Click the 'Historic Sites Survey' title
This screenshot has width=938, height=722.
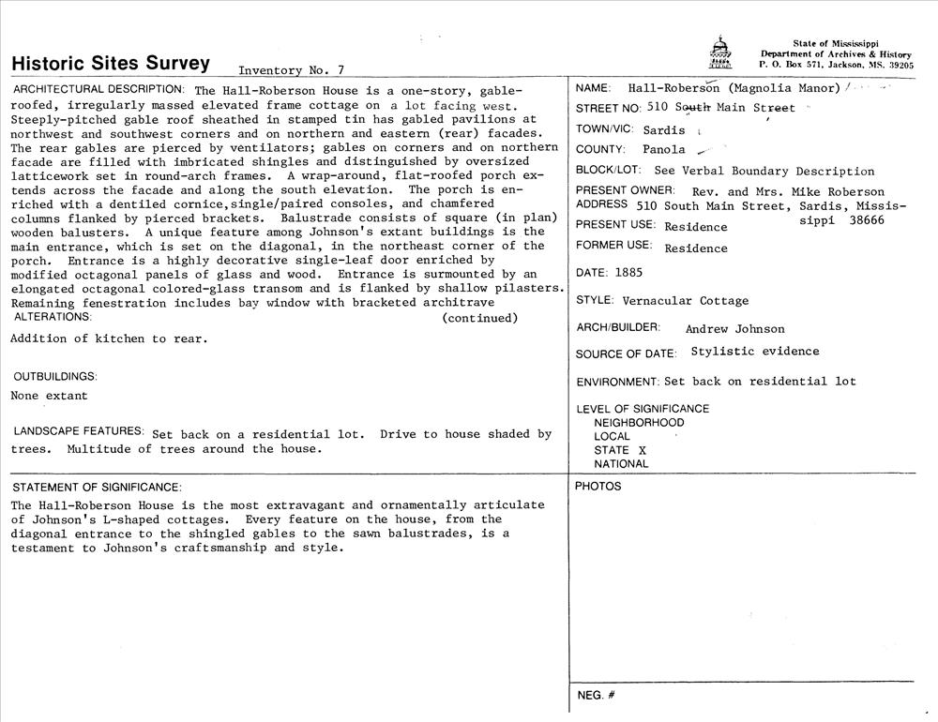tap(111, 64)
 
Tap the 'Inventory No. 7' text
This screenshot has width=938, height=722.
tap(292, 69)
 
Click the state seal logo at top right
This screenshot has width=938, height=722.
tap(719, 53)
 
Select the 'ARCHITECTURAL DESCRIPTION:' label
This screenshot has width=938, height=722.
tap(98, 89)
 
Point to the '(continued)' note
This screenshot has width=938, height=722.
tap(479, 318)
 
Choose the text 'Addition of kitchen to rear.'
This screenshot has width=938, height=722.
tap(108, 338)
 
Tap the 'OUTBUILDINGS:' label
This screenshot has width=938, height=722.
tap(55, 376)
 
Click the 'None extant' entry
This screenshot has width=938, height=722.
tap(49, 396)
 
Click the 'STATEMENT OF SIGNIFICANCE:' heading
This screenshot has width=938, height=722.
tap(97, 487)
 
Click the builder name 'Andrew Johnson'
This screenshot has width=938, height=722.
tap(734, 329)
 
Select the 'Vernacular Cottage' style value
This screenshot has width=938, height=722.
tap(686, 301)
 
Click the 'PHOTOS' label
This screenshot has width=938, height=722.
tap(598, 486)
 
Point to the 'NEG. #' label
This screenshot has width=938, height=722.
tap(596, 696)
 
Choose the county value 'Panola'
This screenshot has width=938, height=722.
tap(664, 149)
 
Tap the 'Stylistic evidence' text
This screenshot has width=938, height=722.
tap(754, 352)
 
